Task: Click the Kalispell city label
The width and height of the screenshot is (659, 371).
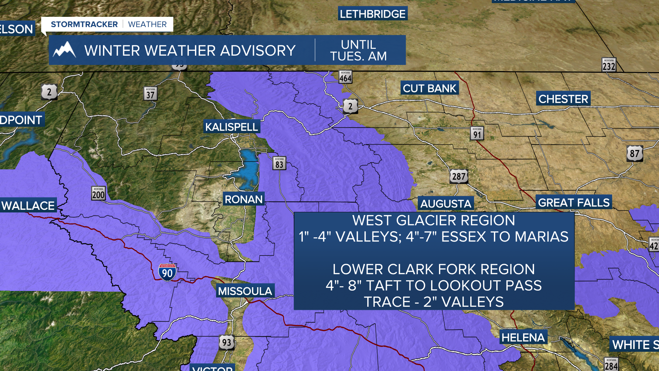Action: [232, 127]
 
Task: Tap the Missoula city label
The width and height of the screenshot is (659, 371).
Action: [245, 291]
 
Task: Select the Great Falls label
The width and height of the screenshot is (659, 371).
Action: [574, 203]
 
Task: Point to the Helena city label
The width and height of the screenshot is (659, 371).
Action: [523, 337]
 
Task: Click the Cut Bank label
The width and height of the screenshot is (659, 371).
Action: [429, 88]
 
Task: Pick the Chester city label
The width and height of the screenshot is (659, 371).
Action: [563, 99]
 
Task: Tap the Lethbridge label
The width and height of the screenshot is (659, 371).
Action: [373, 14]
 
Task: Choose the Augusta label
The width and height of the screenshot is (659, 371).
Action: [446, 204]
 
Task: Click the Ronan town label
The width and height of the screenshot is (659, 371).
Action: [244, 199]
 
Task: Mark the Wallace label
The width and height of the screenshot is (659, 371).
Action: [28, 205]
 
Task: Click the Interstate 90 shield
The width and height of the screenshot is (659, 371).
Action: [167, 272]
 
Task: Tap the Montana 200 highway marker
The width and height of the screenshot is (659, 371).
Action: [99, 194]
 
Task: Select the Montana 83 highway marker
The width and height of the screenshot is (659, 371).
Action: [279, 164]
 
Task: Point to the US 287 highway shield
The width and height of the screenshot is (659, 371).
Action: [459, 177]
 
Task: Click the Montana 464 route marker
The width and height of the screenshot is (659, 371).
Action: [345, 77]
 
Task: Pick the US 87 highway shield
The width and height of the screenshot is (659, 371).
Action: [635, 154]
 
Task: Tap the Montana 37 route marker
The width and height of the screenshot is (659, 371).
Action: [150, 94]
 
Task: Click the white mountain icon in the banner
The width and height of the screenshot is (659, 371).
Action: [64, 50]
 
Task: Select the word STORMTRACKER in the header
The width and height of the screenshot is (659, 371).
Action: [84, 24]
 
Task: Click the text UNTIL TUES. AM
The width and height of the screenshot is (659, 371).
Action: [359, 50]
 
